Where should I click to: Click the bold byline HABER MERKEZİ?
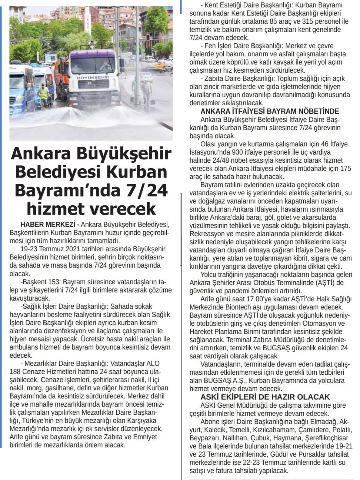(48, 225)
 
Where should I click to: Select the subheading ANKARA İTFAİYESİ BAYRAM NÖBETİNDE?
(270, 111)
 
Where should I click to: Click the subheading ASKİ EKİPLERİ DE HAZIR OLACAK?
(265, 397)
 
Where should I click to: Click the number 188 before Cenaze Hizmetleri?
(17, 371)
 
